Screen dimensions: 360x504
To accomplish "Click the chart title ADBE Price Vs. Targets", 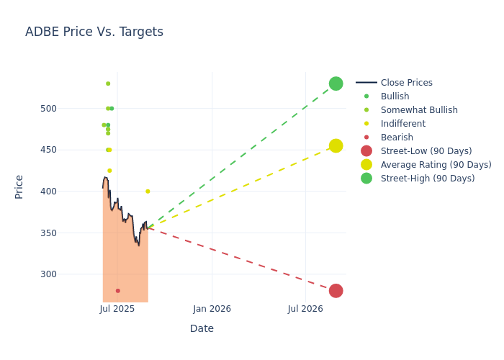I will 94,32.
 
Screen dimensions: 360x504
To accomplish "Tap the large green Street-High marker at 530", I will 336,84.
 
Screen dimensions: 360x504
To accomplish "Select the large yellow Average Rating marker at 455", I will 336,146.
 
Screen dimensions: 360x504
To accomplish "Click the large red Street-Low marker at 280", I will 336,291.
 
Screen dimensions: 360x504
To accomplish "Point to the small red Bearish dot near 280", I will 118,291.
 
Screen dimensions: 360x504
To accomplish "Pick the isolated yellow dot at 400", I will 148,192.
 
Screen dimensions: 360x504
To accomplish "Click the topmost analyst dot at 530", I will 108,84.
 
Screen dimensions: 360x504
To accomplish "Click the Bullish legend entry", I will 395,96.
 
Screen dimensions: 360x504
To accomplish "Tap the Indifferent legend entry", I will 402,124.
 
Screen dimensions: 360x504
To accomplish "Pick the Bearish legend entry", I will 397,138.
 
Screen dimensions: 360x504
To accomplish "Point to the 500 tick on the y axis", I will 68,109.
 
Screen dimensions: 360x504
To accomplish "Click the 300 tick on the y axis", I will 68,274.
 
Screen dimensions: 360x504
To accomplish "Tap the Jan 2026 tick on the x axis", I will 212,309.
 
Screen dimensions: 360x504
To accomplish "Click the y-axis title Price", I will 19,186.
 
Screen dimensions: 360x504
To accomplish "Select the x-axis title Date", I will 202,328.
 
